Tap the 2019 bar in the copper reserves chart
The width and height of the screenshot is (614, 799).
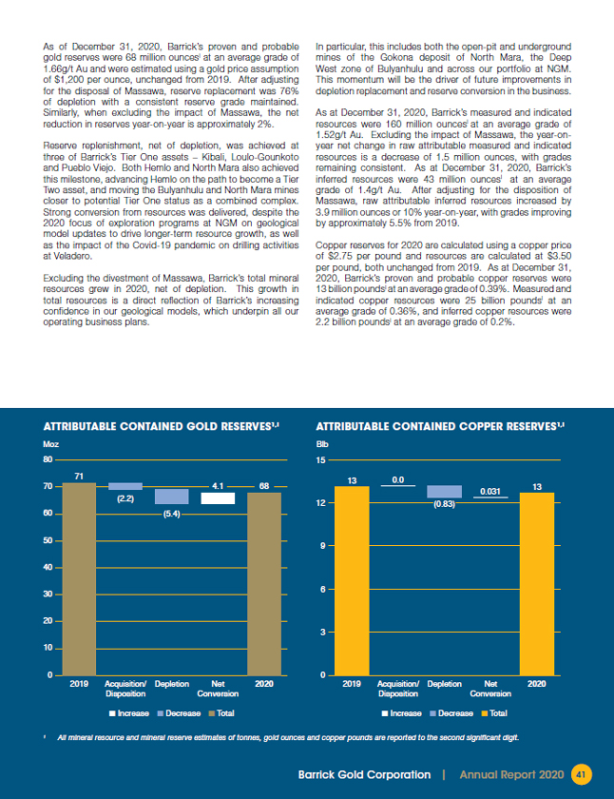coord(351,580)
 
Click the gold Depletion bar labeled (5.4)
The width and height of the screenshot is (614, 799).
coord(171,497)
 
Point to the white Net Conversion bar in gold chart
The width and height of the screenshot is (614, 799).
coord(218,497)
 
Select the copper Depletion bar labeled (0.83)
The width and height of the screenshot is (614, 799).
coord(444,492)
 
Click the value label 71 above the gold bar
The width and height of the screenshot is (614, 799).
coord(79,475)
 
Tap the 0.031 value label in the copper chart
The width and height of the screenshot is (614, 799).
coord(490,491)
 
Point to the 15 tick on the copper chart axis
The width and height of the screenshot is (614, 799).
coord(320,459)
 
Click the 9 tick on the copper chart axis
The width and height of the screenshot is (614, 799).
coord(323,546)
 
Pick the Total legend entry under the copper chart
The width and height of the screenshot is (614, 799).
coord(493,712)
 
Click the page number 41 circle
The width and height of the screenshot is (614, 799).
coord(582,774)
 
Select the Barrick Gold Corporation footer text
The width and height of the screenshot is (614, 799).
coord(364,774)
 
